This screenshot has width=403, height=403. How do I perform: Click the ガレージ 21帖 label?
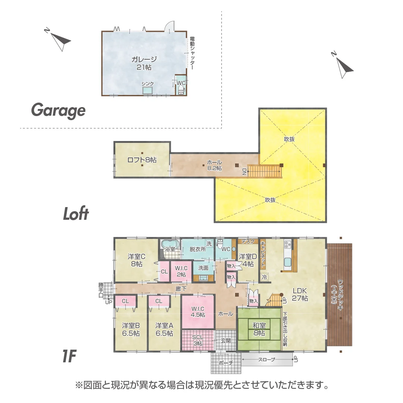coord(143,63)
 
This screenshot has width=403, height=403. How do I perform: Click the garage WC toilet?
coord(181,90)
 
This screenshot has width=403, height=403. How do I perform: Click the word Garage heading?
coord(58,110)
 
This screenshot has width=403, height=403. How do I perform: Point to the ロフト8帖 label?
coord(142,160)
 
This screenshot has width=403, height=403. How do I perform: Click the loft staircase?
coord(264,172)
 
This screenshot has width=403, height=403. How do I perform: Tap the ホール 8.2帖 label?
coord(215,165)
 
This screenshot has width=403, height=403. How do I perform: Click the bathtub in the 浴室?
coord(170,244)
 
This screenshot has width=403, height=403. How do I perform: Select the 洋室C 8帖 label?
coord(136,260)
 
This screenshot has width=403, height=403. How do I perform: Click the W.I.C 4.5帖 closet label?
coord(198,312)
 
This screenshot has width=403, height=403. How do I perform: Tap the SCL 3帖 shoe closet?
coord(198,340)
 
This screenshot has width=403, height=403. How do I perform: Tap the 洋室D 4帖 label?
coord(248,260)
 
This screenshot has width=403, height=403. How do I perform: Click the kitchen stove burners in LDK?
coord(287,245)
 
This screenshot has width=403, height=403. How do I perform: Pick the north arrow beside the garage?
coord(60,39)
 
